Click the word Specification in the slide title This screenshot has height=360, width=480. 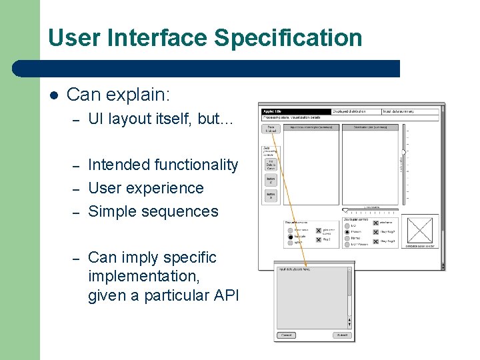pyautogui.click(x=288, y=37)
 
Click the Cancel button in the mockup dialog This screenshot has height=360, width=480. pyautogui.click(x=287, y=335)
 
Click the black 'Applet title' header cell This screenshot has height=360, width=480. pyautogui.click(x=296, y=111)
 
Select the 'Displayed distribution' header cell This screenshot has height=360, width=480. pyautogui.click(x=356, y=111)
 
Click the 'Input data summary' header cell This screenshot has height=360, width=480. pyautogui.click(x=409, y=111)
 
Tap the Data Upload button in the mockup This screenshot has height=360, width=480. pyautogui.click(x=271, y=129)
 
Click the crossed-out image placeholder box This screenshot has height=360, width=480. pyautogui.click(x=419, y=229)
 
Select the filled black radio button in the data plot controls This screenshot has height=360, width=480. pyautogui.click(x=291, y=237)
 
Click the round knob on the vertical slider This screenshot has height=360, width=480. pyautogui.click(x=403, y=152)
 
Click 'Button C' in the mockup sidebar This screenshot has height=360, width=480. pyautogui.click(x=271, y=179)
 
